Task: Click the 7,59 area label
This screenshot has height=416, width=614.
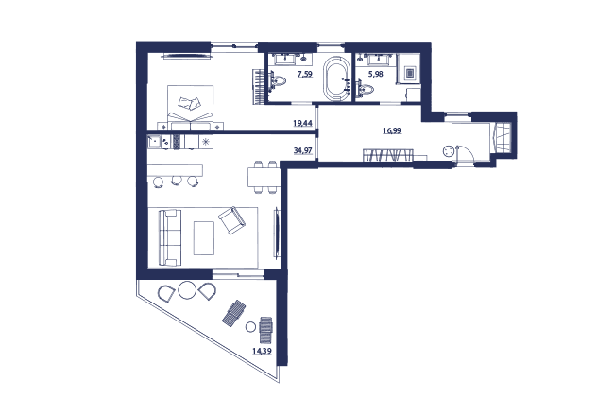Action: pyautogui.click(x=305, y=74)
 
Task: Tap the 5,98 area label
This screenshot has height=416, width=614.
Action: pyautogui.click(x=376, y=74)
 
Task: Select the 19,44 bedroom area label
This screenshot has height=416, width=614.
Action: pyautogui.click(x=302, y=123)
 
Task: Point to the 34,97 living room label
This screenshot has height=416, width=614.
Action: pyautogui.click(x=302, y=149)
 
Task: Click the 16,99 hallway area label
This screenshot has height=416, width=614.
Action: pyautogui.click(x=392, y=130)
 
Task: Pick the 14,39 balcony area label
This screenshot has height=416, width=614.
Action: pyautogui.click(x=262, y=351)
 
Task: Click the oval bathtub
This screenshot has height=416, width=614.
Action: pyautogui.click(x=336, y=78)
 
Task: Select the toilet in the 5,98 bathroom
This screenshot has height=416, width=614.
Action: pyautogui.click(x=365, y=88)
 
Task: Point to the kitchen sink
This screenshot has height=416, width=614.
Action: pyautogui.click(x=154, y=141)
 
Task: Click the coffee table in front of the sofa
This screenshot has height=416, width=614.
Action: pyautogui.click(x=204, y=238)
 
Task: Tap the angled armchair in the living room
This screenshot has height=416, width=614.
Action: pyautogui.click(x=232, y=220)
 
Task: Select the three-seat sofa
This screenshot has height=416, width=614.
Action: pyautogui.click(x=169, y=237)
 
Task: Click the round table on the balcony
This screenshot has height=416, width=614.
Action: pyautogui.click(x=187, y=290)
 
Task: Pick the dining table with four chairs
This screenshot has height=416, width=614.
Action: pyautogui.click(x=264, y=177)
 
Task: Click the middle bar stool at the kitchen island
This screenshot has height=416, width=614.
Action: pyautogui.click(x=177, y=181)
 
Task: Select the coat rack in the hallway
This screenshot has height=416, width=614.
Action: pyautogui.click(x=387, y=154)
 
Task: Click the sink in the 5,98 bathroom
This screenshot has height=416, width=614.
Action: pyautogui.click(x=379, y=60)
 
